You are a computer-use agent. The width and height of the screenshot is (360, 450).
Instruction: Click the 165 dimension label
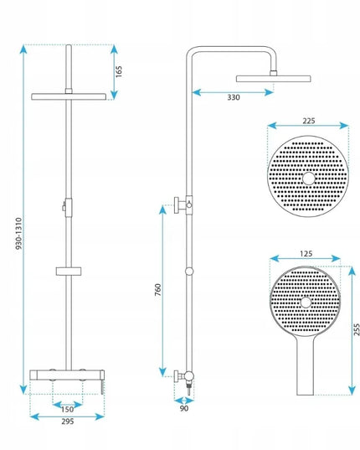119,71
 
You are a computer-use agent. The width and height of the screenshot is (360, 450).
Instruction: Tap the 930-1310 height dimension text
18,233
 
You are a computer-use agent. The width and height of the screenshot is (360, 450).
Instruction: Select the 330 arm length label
234,97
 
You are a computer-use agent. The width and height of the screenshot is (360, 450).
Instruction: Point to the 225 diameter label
309,121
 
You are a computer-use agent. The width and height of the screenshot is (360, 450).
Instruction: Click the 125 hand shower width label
306,254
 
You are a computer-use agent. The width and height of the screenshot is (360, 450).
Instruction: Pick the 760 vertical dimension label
158,290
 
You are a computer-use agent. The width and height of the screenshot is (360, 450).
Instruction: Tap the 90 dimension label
184,408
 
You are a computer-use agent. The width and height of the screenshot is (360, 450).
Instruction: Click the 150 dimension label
67,409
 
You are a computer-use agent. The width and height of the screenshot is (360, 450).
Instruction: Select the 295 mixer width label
68,422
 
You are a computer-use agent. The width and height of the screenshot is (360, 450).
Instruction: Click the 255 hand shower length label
357,330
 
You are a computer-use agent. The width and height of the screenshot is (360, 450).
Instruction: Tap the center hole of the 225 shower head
308,178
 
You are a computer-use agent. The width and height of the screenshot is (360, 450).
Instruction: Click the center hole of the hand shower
306,303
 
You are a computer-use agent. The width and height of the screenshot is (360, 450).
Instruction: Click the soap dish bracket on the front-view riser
69,271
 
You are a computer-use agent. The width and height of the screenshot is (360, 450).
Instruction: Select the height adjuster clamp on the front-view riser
67,208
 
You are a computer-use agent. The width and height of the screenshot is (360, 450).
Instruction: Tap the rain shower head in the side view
274,79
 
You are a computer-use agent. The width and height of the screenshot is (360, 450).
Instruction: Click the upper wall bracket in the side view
183,205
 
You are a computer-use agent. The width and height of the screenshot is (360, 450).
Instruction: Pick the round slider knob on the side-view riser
189,272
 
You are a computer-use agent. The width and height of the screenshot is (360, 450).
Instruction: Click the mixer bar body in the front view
67,375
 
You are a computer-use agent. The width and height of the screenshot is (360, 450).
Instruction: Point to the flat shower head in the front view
69,96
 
